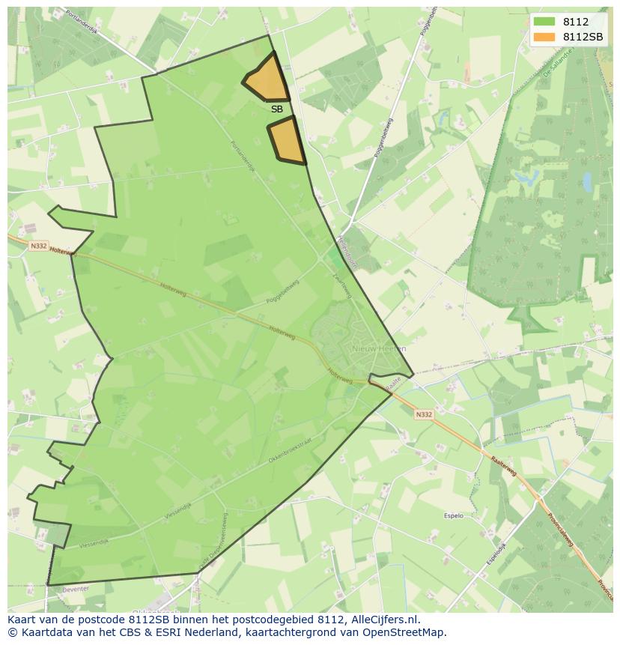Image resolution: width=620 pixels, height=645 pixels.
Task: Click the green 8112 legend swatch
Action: [x=544, y=22]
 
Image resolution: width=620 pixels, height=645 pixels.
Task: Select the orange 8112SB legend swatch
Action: [x=544, y=37]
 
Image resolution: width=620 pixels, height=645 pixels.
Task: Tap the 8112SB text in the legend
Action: [x=584, y=37]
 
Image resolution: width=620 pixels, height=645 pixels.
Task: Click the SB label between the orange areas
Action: [x=277, y=109]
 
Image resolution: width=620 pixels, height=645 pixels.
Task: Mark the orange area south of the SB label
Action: [x=287, y=141]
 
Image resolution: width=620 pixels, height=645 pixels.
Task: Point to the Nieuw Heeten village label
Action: [x=379, y=348]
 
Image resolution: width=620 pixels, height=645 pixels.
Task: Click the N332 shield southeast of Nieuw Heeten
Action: [x=423, y=414]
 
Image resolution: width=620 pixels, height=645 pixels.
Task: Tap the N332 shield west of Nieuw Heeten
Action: [x=39, y=246]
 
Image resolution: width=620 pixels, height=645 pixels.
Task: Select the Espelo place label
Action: [x=454, y=515]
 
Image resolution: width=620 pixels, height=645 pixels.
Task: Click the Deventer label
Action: [x=76, y=589]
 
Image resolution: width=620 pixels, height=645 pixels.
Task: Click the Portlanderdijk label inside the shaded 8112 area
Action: [x=243, y=157]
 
